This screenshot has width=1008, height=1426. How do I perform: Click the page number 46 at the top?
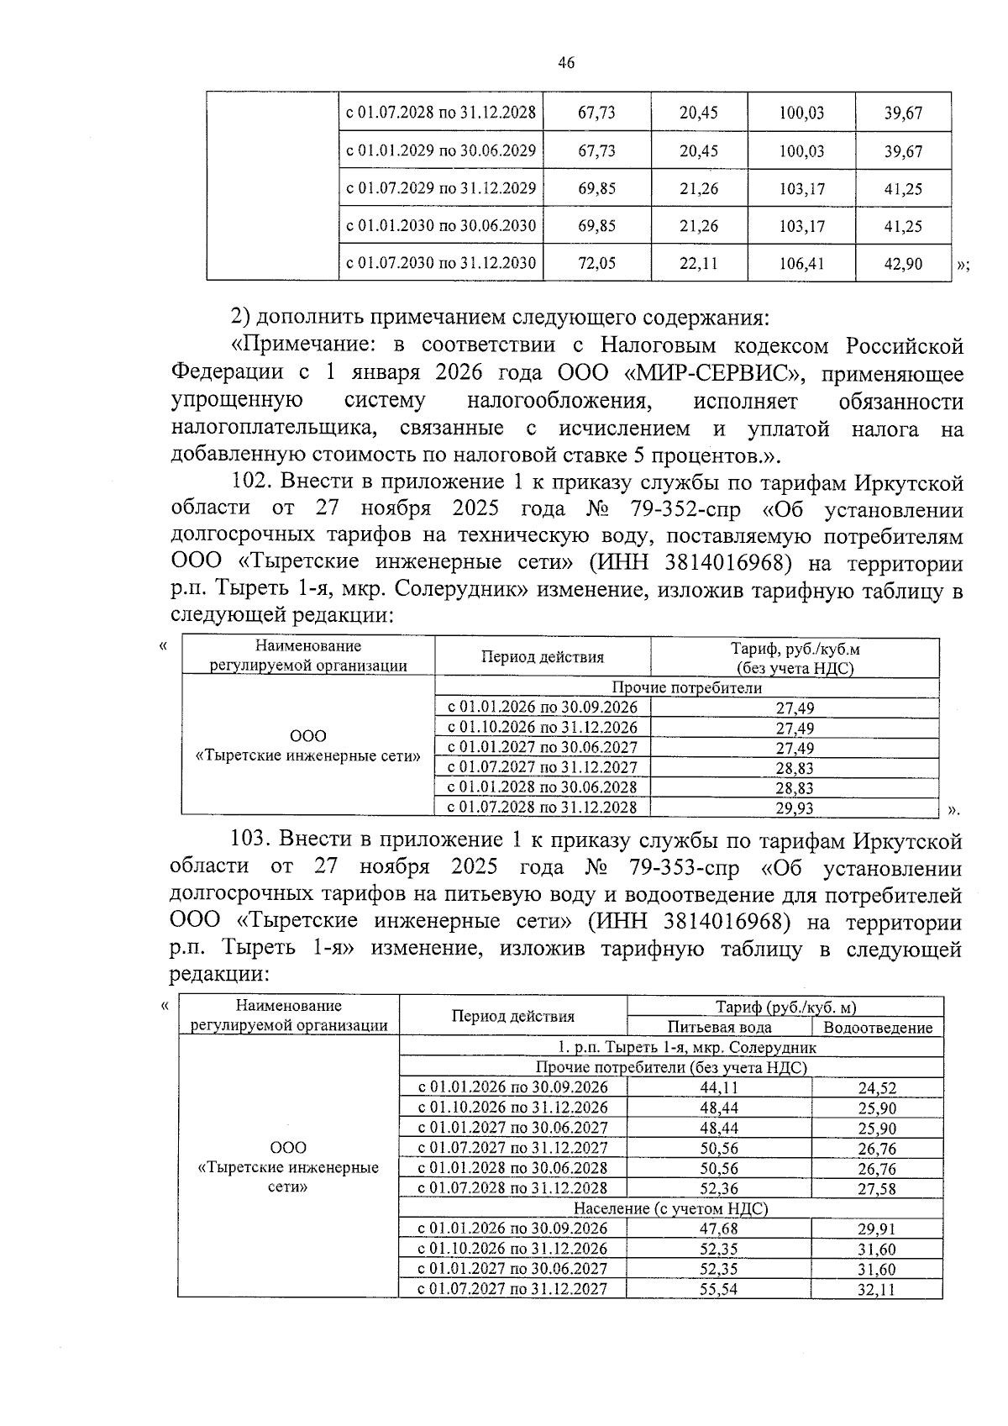[x=565, y=62]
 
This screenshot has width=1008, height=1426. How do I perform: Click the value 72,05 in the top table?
[x=596, y=263]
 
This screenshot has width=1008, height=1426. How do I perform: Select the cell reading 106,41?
[x=801, y=263]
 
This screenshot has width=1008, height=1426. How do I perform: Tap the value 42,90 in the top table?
[x=903, y=263]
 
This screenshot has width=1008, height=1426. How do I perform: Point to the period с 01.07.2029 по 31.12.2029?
[x=441, y=188]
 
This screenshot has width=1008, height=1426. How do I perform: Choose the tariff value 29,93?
[x=794, y=808]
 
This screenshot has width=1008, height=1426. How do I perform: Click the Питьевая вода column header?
[x=719, y=1027]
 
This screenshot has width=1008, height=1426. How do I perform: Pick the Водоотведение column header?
[x=877, y=1027]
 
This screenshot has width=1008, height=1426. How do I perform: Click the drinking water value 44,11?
[x=719, y=1088]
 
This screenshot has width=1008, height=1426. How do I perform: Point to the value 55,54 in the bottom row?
[x=719, y=1289]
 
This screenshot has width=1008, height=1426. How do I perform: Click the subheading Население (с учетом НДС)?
[x=670, y=1208]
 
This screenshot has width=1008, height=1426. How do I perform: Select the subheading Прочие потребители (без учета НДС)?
[x=670, y=1067]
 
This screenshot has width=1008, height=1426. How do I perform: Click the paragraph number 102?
[x=251, y=482]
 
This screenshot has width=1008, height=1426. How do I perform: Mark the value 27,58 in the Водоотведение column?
[x=877, y=1189]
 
